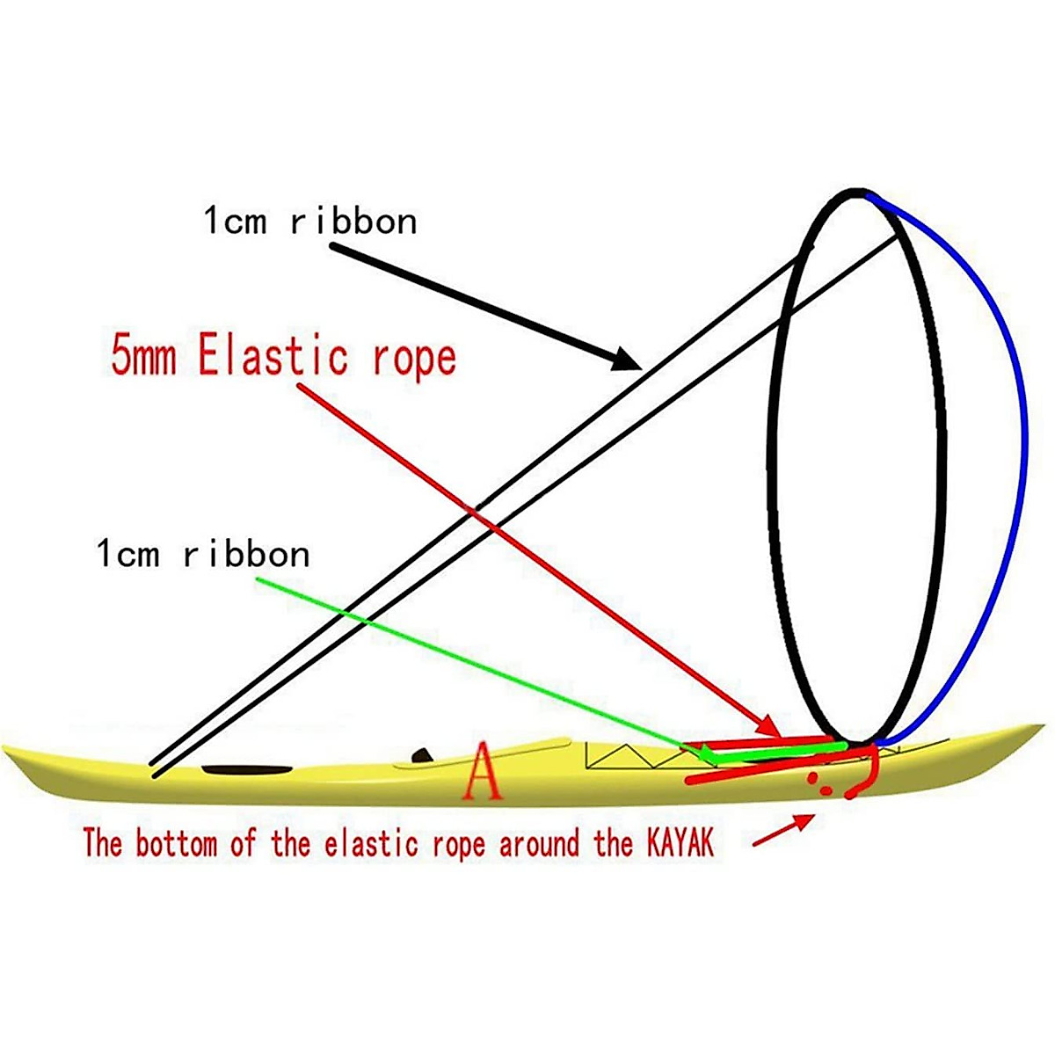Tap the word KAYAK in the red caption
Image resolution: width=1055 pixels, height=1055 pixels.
(680, 844)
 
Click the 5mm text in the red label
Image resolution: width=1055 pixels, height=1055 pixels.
(143, 357)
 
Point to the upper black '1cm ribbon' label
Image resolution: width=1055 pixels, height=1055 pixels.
(310, 221)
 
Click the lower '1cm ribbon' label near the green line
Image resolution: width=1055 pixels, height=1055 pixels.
(203, 555)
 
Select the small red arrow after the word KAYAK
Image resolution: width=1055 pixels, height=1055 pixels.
(782, 831)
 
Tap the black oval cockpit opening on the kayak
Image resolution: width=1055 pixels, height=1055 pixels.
(247, 770)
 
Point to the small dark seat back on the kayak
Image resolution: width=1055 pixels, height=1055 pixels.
(424, 755)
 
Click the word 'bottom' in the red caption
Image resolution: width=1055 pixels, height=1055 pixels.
(176, 844)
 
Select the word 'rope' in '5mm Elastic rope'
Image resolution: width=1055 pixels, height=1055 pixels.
(414, 357)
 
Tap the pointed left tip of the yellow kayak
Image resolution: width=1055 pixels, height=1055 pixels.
(7, 750)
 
